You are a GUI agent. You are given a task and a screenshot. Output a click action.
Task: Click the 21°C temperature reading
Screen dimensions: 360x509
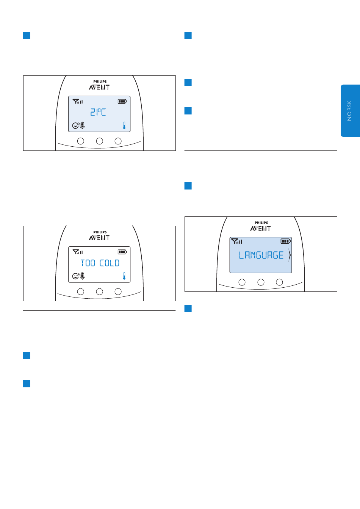coord(98,112)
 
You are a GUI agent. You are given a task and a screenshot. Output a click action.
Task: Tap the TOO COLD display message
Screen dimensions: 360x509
coord(100,263)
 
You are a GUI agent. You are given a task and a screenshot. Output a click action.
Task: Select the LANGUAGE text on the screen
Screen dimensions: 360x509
coord(261,255)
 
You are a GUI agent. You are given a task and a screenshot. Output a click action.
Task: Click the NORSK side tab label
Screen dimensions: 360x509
coord(349,111)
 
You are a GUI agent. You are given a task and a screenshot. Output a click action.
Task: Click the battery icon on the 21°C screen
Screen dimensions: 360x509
coord(122,101)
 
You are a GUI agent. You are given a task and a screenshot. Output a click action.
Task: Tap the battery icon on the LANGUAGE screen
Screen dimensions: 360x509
coord(285,241)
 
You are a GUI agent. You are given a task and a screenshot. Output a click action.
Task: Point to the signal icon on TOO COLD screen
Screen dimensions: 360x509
coord(78,252)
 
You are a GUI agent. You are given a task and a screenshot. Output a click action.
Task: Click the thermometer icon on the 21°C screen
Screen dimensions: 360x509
coord(124,125)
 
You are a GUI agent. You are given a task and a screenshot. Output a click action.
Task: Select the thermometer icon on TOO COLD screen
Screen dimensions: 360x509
coord(124,276)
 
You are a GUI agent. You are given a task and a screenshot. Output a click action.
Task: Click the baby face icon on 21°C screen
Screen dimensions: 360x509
coord(75,125)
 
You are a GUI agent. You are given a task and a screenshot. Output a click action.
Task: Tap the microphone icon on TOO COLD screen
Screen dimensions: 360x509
coord(83,276)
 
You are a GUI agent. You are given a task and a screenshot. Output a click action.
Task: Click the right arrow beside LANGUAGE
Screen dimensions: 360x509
coord(290,255)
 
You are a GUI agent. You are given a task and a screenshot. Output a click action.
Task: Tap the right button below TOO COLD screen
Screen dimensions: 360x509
coord(118,291)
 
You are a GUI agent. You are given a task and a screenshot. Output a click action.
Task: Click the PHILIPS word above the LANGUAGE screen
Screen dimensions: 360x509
coord(261,223)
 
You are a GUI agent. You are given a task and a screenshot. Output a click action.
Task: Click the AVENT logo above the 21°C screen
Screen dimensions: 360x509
coord(99,87)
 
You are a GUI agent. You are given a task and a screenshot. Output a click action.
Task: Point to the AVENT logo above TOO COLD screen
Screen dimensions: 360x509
coord(99,238)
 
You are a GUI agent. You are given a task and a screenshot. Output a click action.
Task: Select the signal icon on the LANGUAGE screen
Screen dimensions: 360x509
coord(237,241)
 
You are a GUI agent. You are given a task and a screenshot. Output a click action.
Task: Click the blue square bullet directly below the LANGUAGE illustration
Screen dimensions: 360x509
coord(188,309)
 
